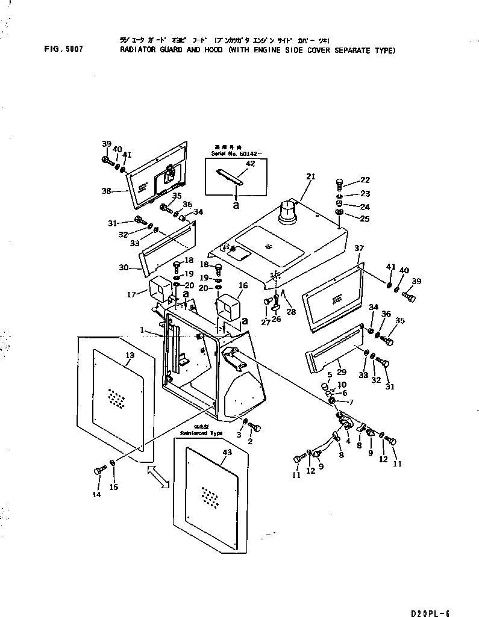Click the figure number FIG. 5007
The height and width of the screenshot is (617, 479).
click(x=63, y=50)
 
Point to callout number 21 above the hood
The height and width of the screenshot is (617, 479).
click(x=310, y=176)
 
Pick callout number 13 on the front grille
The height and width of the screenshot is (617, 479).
click(x=129, y=356)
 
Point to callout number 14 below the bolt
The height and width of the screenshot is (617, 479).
click(x=97, y=494)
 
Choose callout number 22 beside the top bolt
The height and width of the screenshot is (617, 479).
click(x=365, y=179)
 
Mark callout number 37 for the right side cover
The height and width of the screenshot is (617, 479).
click(x=359, y=248)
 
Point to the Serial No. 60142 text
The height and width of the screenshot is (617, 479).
click(x=226, y=154)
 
